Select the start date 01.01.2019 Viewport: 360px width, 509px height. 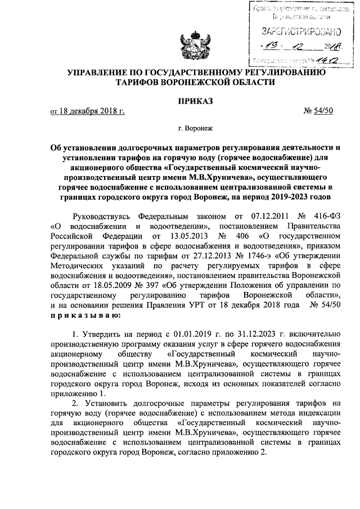[x=188, y=335]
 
